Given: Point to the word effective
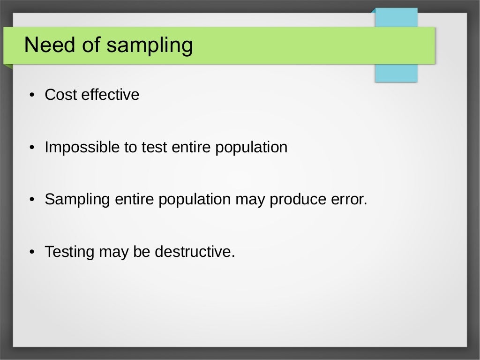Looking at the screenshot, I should tap(110, 95).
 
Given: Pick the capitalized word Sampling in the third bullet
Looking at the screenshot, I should tap(77, 200).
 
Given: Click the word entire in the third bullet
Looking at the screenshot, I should tap(133, 200).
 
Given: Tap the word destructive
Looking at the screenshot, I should tap(194, 252).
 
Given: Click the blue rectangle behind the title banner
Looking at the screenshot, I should tap(396, 73).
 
